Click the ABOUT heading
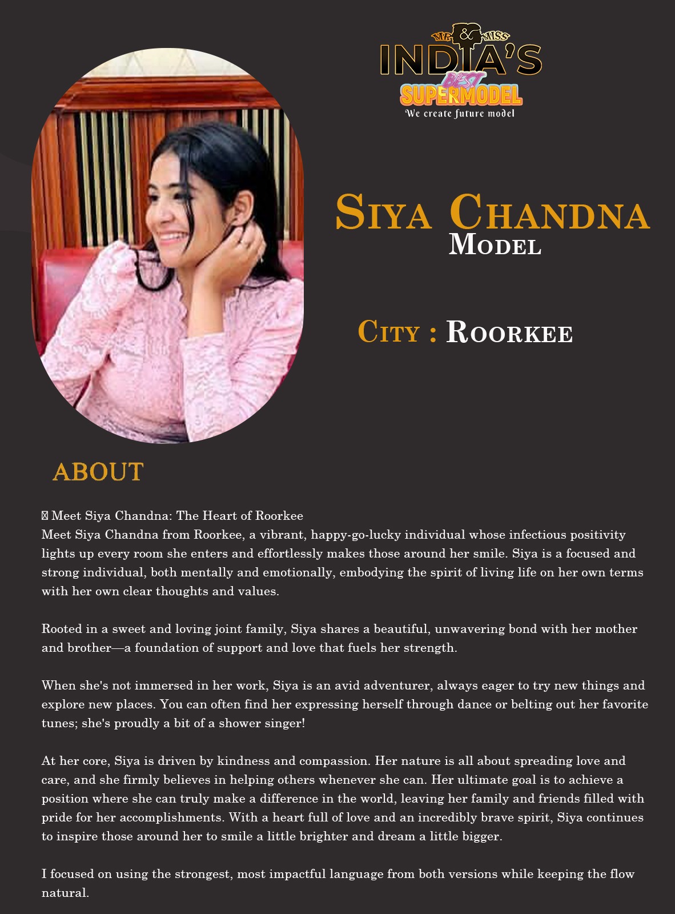coord(98,472)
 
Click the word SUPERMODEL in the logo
coord(460,95)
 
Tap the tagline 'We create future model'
coord(460,113)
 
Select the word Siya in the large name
coord(383,213)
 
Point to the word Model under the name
coord(495,245)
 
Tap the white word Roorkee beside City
coord(509,332)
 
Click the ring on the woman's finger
coord(244,242)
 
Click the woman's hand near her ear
coord(240,251)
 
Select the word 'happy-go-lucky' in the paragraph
coord(356,535)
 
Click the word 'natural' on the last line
coord(64,893)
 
